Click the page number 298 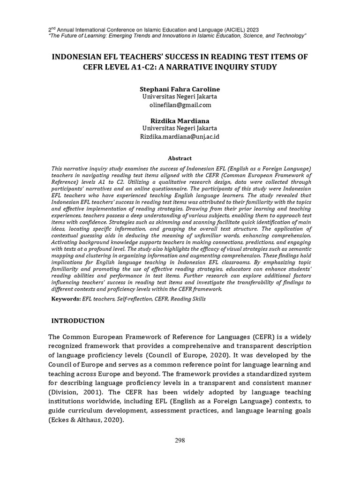click(x=180, y=440)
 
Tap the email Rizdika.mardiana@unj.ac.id click(x=180, y=136)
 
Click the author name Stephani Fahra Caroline click(x=180, y=89)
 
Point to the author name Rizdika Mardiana click(x=180, y=120)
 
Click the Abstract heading click(x=180, y=158)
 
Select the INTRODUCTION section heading click(x=77, y=321)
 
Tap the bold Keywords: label click(x=66, y=299)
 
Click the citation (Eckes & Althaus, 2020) click(x=86, y=420)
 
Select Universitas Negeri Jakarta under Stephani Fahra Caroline click(x=180, y=97)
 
